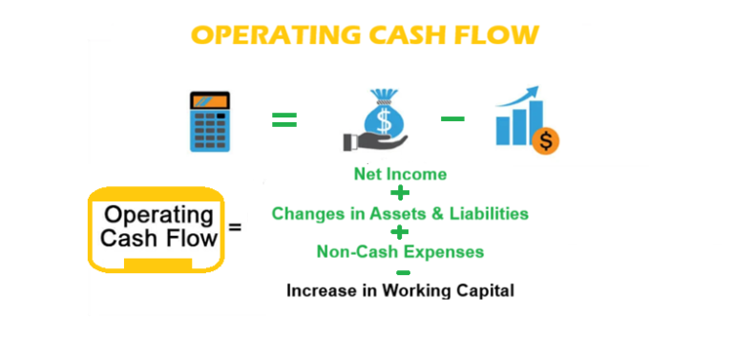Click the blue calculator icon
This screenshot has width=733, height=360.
click(210, 120)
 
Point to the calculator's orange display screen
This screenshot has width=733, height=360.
click(210, 100)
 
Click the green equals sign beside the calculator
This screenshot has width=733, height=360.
click(284, 120)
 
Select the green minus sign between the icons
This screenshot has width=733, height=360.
click(452, 119)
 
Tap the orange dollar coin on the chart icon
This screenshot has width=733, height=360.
click(547, 141)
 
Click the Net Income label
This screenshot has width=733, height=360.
click(400, 174)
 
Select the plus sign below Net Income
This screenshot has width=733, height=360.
click(400, 193)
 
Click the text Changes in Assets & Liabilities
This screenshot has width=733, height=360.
click(400, 213)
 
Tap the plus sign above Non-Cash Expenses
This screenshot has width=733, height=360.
click(400, 232)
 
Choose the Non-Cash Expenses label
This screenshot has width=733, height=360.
click(400, 252)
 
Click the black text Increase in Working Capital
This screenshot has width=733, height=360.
click(400, 289)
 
